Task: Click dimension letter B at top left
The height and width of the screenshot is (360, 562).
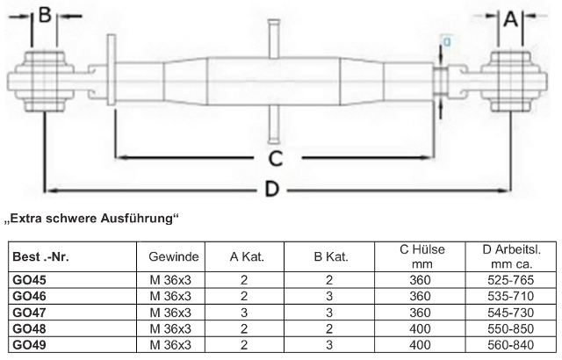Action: coord(45,16)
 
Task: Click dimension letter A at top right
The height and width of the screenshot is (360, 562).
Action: coord(511,18)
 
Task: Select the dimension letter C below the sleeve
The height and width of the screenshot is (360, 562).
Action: coord(276,159)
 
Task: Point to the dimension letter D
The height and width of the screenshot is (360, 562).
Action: coord(272,189)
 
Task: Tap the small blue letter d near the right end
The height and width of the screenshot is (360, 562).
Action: coord(447,42)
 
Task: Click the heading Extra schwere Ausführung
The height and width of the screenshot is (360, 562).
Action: coord(91,218)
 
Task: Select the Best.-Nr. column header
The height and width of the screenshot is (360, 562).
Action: coord(40,257)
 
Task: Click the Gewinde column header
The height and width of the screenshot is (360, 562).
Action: coord(174,257)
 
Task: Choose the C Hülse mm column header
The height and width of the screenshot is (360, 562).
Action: coord(422,256)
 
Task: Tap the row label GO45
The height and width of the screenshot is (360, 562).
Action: coord(29,280)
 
